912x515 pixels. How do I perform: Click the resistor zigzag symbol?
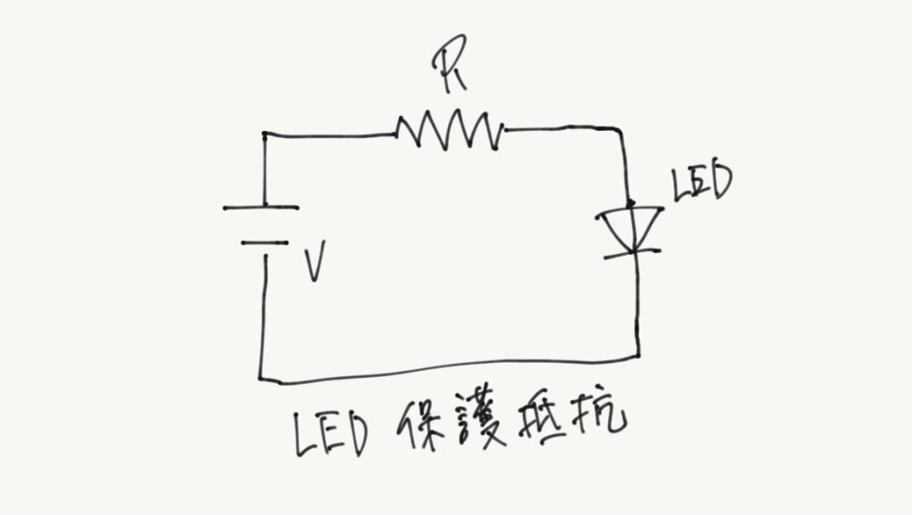click(x=450, y=132)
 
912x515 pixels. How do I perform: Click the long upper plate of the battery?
click(x=261, y=208)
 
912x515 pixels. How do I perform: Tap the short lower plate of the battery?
click(x=265, y=241)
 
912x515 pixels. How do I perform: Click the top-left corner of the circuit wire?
click(x=265, y=135)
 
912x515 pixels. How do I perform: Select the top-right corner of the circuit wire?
click(x=621, y=130)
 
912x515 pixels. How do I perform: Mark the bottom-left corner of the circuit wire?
click(x=262, y=377)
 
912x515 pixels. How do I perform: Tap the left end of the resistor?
click(x=397, y=135)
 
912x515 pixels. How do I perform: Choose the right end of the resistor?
click(x=502, y=131)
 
